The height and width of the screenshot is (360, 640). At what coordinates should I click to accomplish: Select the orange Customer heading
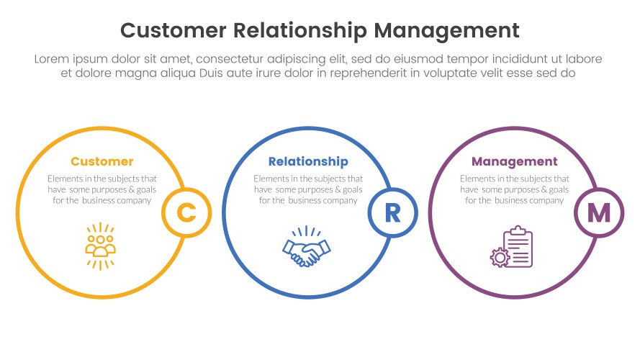pyautogui.click(x=102, y=161)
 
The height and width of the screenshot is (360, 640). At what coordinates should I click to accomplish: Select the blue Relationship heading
pyautogui.click(x=308, y=161)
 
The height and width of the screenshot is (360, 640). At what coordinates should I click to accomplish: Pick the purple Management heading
pyautogui.click(x=514, y=161)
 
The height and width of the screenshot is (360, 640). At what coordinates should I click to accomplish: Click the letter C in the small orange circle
pyautogui.click(x=186, y=212)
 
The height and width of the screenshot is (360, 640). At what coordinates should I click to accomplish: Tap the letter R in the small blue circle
pyautogui.click(x=392, y=212)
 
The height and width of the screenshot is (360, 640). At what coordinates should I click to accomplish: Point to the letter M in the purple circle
pyautogui.click(x=599, y=212)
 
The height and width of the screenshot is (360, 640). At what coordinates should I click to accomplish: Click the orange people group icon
pyautogui.click(x=101, y=246)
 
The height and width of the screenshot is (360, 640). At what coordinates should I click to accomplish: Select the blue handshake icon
pyautogui.click(x=307, y=247)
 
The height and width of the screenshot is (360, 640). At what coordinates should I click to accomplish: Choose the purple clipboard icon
pyautogui.click(x=518, y=247)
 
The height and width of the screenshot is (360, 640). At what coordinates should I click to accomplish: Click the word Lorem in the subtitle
pyautogui.click(x=51, y=59)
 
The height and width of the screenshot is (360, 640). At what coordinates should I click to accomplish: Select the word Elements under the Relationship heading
pyautogui.click(x=271, y=179)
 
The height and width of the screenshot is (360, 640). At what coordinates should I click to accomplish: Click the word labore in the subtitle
pyautogui.click(x=585, y=59)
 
